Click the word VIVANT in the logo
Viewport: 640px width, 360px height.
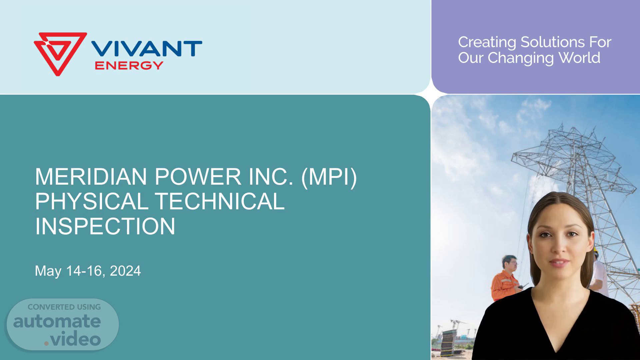coord(147,49)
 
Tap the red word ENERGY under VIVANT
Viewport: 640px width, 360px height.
coord(129,65)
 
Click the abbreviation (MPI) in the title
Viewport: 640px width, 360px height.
coord(329,177)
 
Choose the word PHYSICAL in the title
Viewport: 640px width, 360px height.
coord(92,201)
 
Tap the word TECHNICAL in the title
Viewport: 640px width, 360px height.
coord(220,201)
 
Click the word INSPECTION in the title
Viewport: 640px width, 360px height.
coord(105,226)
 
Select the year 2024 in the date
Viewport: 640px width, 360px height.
coord(125,271)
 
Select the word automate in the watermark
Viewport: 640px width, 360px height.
coord(57,321)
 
